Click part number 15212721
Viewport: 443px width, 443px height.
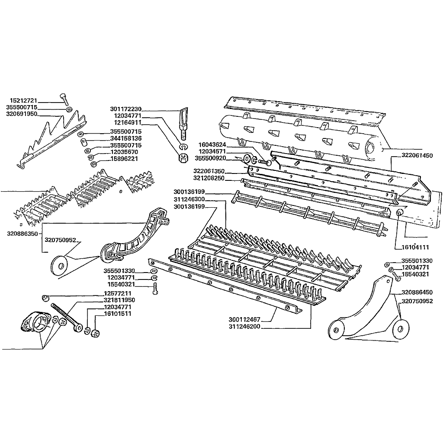[23, 100]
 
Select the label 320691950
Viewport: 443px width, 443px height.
[22, 114]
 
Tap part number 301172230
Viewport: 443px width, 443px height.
[126, 109]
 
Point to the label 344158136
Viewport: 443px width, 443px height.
[126, 138]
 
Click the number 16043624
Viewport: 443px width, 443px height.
[212, 145]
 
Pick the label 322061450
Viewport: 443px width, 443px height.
[417, 156]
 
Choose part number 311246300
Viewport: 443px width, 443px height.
[189, 199]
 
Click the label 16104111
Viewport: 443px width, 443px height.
[415, 247]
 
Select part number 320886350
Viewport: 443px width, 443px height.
[22, 234]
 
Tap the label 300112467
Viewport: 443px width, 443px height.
[244, 320]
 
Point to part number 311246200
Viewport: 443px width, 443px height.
[244, 327]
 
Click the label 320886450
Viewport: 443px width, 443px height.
[417, 292]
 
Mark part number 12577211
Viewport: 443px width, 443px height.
[118, 294]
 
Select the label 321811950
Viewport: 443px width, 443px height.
[119, 300]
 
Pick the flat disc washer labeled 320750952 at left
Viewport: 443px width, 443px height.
[59, 265]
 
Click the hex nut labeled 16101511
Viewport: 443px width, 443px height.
[95, 333]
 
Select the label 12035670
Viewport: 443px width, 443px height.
[124, 152]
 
